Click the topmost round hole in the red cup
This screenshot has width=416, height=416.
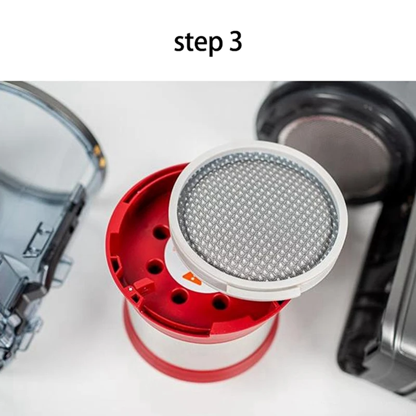pos(161,232)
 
